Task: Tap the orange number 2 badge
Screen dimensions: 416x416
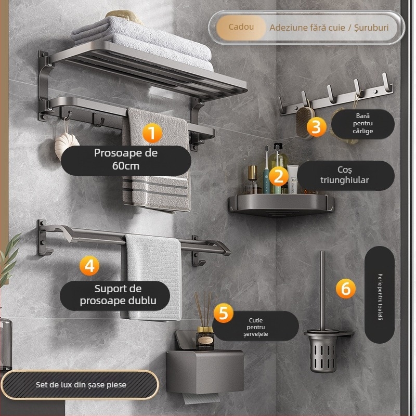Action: [x=278, y=176]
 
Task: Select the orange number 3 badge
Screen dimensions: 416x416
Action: [x=317, y=126]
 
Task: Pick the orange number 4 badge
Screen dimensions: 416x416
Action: [x=89, y=266]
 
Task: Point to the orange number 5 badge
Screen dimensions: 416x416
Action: [x=224, y=313]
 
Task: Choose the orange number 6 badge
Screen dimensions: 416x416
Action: [x=346, y=289]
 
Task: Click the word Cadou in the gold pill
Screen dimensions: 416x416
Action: [x=241, y=27]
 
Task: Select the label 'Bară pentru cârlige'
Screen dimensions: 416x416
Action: [x=362, y=124]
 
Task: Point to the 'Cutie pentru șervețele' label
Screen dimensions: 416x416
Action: [x=255, y=327]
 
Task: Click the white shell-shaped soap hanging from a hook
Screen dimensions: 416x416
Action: [x=67, y=146]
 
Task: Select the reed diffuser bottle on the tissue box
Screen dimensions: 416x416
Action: [x=205, y=337]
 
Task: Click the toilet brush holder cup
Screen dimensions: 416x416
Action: [x=322, y=350]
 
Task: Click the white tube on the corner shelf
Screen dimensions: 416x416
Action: [x=292, y=178]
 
